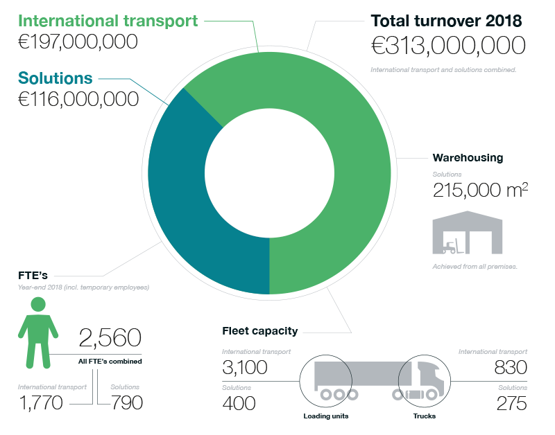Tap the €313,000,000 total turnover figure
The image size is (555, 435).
tap(448, 47)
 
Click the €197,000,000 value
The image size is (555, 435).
tap(77, 42)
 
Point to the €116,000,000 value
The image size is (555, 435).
tap(77, 99)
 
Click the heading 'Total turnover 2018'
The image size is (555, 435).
tap(446, 20)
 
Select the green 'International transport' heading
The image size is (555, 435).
tap(108, 20)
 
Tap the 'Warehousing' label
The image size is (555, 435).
tap(467, 158)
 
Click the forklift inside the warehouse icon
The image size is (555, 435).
tap(452, 246)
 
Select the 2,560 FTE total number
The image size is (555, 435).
tap(110, 339)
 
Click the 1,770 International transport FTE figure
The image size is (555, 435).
tap(41, 402)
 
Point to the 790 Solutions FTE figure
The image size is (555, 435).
tap(126, 402)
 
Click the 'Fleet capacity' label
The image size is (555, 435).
tap(260, 330)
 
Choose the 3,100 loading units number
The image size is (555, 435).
tap(244, 367)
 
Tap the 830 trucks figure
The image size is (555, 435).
tap(511, 367)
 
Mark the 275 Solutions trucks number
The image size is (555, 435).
tap(512, 402)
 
